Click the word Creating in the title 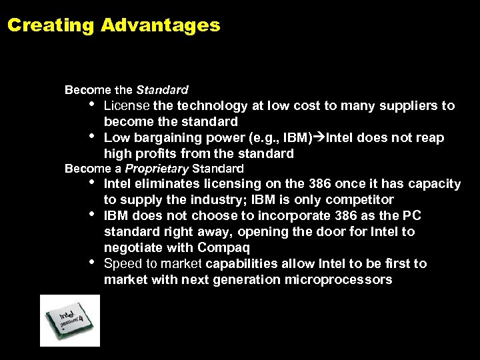[x=51, y=26]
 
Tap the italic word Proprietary [x=157, y=169]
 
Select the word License [x=126, y=105]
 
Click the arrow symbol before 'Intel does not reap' [x=319, y=137]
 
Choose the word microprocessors [x=338, y=279]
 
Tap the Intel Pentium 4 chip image [x=69, y=320]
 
